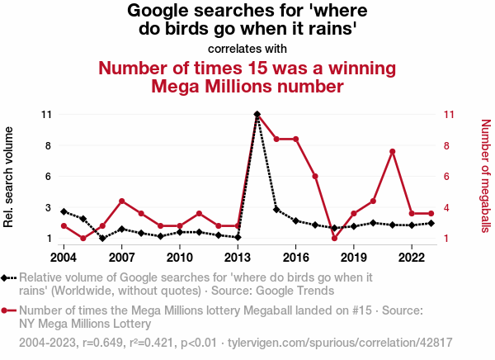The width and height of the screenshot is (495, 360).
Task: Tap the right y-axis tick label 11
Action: [450, 114]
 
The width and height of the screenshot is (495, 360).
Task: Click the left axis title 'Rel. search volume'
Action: [9, 177]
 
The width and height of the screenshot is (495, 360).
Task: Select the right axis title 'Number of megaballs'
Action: [486, 176]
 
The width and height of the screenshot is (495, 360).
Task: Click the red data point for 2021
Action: [393, 151]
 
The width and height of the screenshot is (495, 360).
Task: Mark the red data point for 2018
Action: [334, 238]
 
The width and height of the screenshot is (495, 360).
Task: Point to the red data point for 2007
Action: [121, 201]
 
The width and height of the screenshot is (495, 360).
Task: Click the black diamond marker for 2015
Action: [276, 210]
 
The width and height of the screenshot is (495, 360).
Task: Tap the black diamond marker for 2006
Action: [102, 238]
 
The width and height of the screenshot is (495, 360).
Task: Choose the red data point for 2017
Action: [315, 176]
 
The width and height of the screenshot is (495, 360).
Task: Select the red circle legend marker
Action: [7, 311]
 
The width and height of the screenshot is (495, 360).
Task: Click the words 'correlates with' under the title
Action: [247, 49]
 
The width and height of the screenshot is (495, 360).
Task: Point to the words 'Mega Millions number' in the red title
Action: [247, 86]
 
